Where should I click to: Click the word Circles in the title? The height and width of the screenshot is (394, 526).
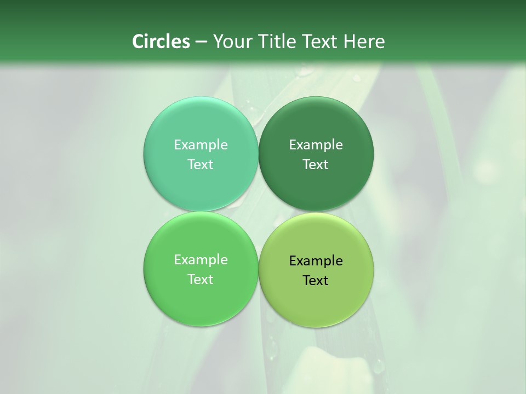(x=161, y=42)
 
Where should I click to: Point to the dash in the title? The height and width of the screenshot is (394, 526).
(x=201, y=42)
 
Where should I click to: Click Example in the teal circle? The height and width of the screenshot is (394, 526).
(x=201, y=144)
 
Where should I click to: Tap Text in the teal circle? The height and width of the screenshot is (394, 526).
(x=201, y=164)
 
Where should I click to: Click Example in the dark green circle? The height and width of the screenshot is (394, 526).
(x=316, y=144)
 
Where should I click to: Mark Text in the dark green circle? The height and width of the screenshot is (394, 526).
(x=316, y=164)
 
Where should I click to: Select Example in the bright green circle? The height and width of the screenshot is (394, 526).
(x=201, y=259)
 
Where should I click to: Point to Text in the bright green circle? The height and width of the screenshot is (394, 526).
(x=201, y=279)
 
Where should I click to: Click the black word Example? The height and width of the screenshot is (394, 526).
(x=316, y=260)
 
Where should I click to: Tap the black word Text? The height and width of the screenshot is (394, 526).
(x=316, y=280)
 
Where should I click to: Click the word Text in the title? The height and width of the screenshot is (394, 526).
(x=320, y=42)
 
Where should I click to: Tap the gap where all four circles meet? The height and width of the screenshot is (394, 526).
(x=258, y=212)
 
